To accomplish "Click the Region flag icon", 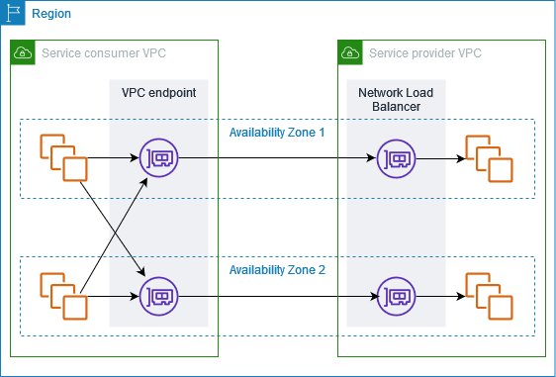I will pyautogui.click(x=12, y=13).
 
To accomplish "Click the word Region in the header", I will pyautogui.click(x=51, y=14).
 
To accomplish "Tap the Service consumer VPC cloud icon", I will pyautogui.click(x=22, y=51).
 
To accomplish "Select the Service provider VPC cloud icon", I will pyautogui.click(x=349, y=51).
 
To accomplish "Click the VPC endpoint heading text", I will pyautogui.click(x=158, y=92).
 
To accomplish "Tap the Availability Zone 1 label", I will pyautogui.click(x=277, y=132).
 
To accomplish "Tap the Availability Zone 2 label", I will pyautogui.click(x=277, y=269).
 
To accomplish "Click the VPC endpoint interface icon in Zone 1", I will pyautogui.click(x=158, y=158).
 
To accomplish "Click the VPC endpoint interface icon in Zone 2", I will pyautogui.click(x=158, y=295).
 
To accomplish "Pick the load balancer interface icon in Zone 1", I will pyautogui.click(x=396, y=158).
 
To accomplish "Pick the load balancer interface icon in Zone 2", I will pyautogui.click(x=396, y=295).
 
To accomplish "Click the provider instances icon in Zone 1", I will pyautogui.click(x=489, y=157).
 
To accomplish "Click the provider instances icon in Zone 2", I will pyautogui.click(x=489, y=294).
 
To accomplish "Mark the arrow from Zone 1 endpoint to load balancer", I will pyautogui.click(x=277, y=157).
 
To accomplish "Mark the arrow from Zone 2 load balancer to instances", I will pyautogui.click(x=439, y=295).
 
